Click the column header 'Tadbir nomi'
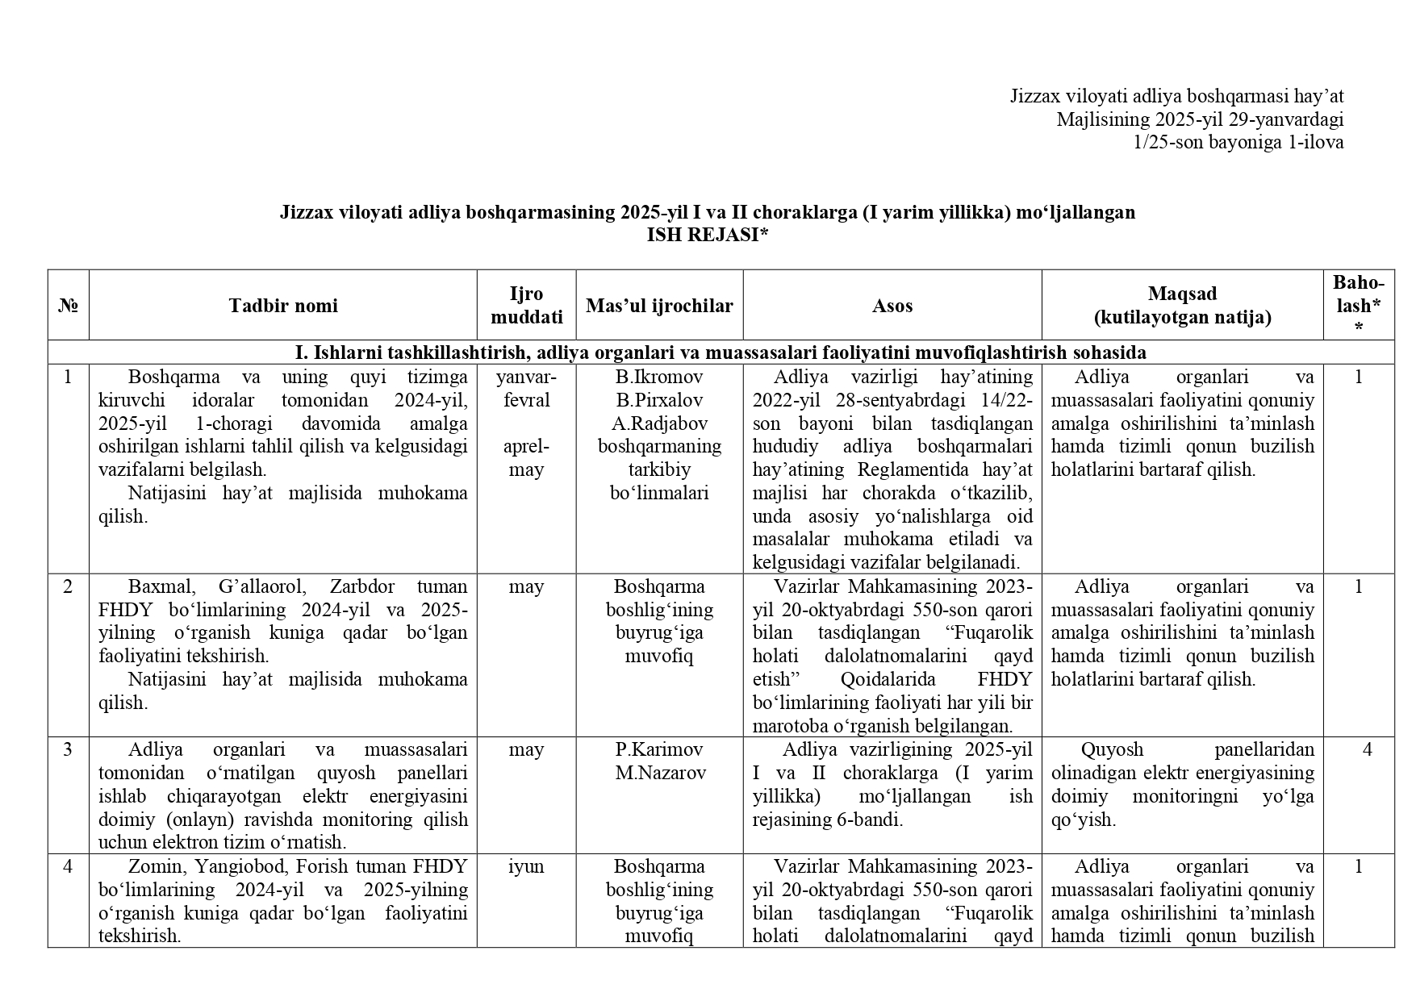pos(282,306)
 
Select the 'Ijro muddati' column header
pos(526,306)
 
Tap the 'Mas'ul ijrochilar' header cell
pos(659,306)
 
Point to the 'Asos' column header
pos(892,306)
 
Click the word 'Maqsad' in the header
pos(1182,294)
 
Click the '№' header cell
pos(68,306)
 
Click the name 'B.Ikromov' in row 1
pos(659,377)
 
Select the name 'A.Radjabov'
pos(659,423)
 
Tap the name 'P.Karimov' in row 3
pos(659,749)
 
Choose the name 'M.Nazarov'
pos(659,773)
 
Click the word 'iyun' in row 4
pos(526,866)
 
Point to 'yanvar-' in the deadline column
pos(526,377)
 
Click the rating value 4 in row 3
pos(1367,749)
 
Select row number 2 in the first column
pos(68,586)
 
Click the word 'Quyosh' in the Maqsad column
pos(1112,749)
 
